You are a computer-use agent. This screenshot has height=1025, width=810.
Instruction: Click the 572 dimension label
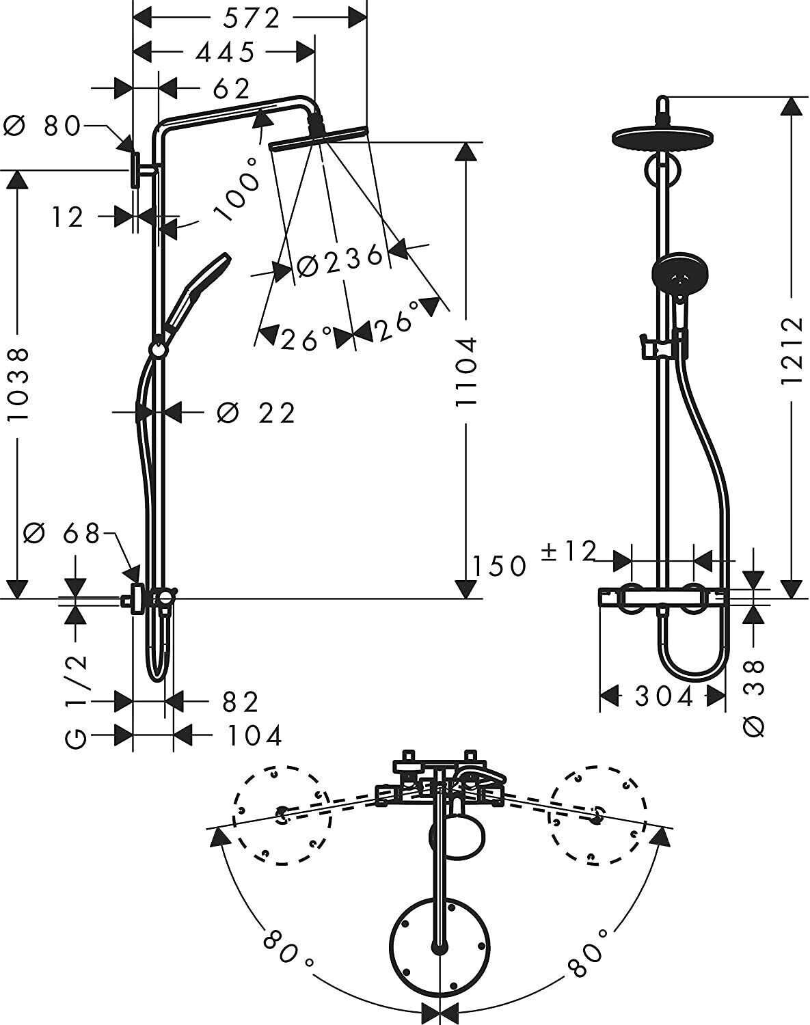(251, 19)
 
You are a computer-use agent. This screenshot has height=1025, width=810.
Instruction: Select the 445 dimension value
(225, 52)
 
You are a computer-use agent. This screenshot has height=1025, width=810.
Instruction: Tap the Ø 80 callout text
(42, 126)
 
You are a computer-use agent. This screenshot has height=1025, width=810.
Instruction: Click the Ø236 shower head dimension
(341, 260)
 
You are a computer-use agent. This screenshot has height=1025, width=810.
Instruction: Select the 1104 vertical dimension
(466, 373)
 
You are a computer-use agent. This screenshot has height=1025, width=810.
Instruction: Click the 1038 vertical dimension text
(18, 383)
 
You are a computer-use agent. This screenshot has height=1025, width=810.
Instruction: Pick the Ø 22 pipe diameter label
(256, 413)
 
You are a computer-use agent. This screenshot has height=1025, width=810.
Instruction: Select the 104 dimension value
(254, 736)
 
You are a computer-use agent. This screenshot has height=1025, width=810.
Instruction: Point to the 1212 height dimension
(791, 349)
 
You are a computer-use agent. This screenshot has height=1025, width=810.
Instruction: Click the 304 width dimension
(664, 697)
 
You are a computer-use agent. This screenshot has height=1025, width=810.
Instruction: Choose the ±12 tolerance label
(569, 551)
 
